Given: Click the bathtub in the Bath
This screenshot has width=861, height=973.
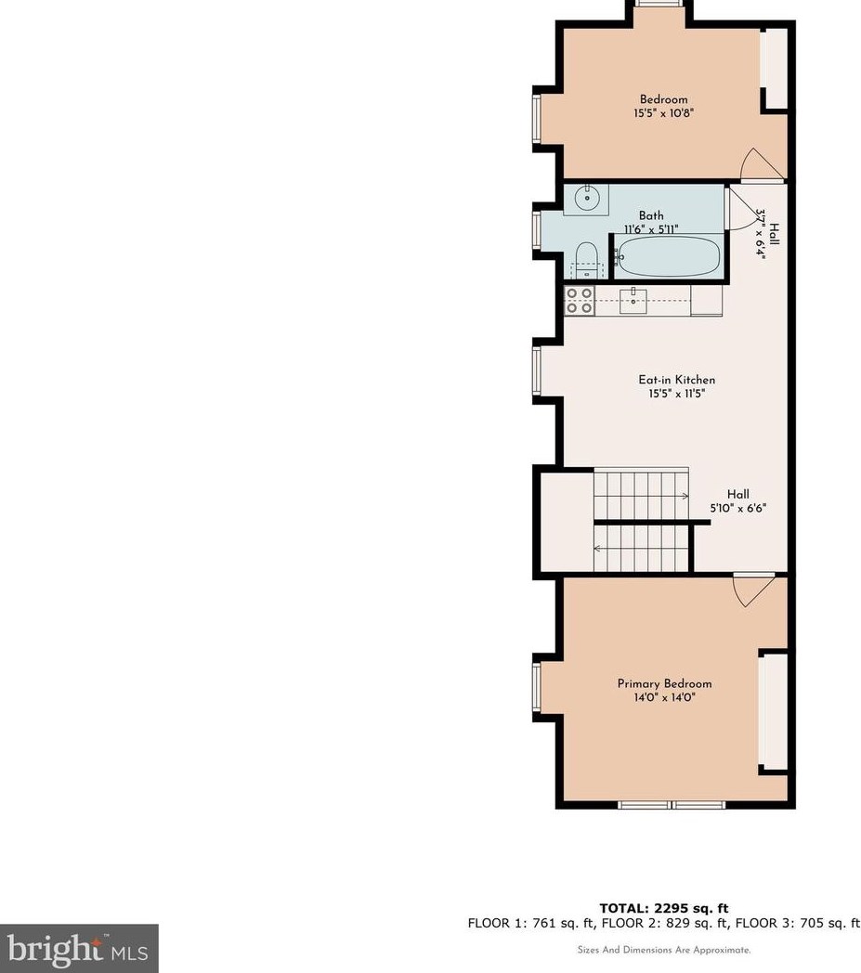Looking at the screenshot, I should click(x=669, y=255).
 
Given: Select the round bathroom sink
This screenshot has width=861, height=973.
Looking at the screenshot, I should click(x=586, y=197).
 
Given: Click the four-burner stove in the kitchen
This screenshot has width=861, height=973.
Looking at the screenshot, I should click(x=581, y=301).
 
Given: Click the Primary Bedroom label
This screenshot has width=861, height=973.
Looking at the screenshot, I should click(x=664, y=683).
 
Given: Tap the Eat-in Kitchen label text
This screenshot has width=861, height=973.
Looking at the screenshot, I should click(x=676, y=380).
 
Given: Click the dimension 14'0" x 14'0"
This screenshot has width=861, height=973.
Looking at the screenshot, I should click(x=664, y=696).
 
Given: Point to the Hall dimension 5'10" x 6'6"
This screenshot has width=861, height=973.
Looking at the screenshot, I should click(x=738, y=508).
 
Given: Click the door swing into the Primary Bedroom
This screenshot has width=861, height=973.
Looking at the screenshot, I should click(x=751, y=590).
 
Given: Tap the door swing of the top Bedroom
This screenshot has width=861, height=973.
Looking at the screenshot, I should click(x=763, y=164).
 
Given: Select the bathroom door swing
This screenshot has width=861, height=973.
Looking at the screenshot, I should click(x=740, y=208).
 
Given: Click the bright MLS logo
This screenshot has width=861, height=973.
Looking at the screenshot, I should click(x=79, y=948).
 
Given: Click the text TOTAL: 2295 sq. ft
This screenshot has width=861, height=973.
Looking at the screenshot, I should click(x=664, y=909).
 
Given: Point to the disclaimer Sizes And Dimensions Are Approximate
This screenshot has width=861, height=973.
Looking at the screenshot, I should click(x=664, y=950).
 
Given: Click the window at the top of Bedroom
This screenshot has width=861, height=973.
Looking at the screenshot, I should click(x=661, y=4).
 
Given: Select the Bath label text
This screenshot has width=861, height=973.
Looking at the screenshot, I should click(x=651, y=215).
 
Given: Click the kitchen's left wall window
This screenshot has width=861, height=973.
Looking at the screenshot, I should click(x=537, y=370).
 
